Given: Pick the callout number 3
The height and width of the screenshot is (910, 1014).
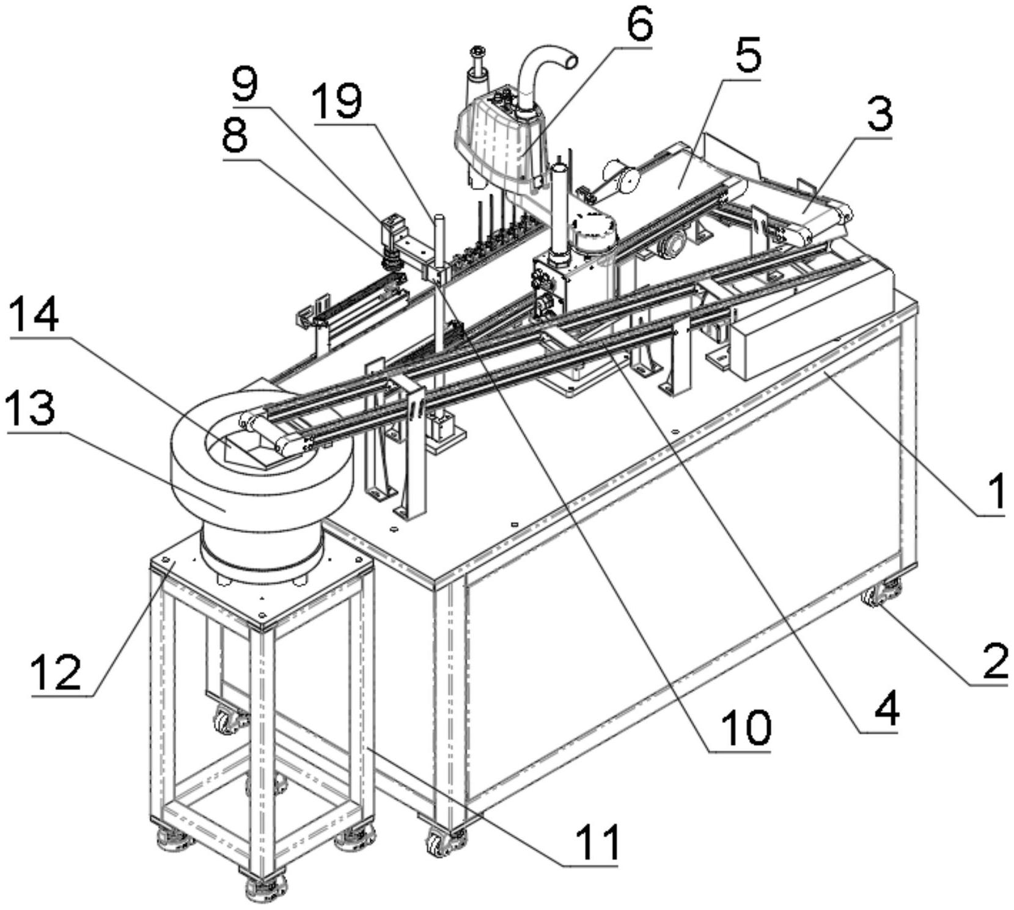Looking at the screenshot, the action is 880,116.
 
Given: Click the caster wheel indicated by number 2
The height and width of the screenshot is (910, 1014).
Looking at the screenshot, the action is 880,592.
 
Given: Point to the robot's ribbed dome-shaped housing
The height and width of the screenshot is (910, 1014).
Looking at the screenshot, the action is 501,139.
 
